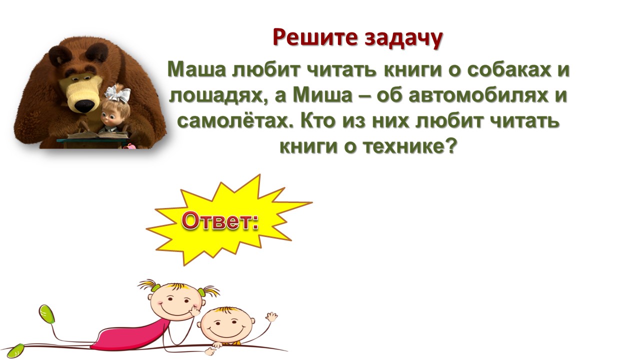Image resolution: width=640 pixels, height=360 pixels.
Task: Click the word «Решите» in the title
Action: coord(315,37)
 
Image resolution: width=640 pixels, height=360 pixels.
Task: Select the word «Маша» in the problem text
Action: coord(196,69)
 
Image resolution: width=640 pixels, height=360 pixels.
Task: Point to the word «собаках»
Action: coord(509,69)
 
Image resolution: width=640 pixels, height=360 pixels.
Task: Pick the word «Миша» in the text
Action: coord(322,95)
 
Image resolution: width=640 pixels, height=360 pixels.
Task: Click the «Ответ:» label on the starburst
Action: coord(219,221)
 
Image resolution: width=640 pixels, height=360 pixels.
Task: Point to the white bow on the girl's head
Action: coord(117,93)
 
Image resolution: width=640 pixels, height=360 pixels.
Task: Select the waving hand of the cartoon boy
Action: coord(271,317)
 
